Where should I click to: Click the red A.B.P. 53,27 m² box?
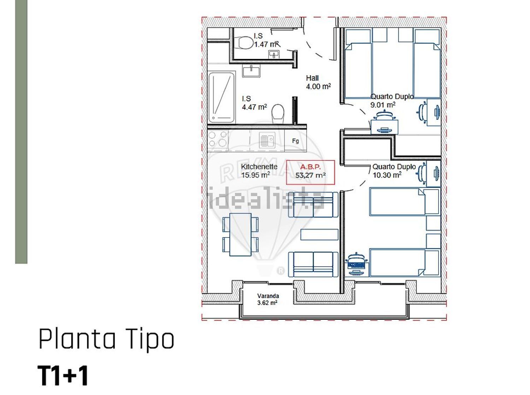click(311, 172)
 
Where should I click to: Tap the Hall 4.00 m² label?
click(318, 82)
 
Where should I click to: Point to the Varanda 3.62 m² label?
click(268, 299)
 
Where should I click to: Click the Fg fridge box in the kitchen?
click(295, 141)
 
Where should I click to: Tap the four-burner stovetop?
click(218, 139)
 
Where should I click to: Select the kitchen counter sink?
click(267, 140)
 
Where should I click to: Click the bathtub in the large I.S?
click(222, 97)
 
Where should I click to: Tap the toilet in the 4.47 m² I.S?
click(278, 114)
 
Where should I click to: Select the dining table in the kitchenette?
click(241, 235)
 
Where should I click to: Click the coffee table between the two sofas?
click(319, 235)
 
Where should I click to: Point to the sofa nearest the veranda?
click(313, 264)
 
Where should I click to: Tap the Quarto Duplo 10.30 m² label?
click(394, 171)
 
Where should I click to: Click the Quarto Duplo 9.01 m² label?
click(392, 101)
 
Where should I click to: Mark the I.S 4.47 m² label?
click(254, 103)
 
